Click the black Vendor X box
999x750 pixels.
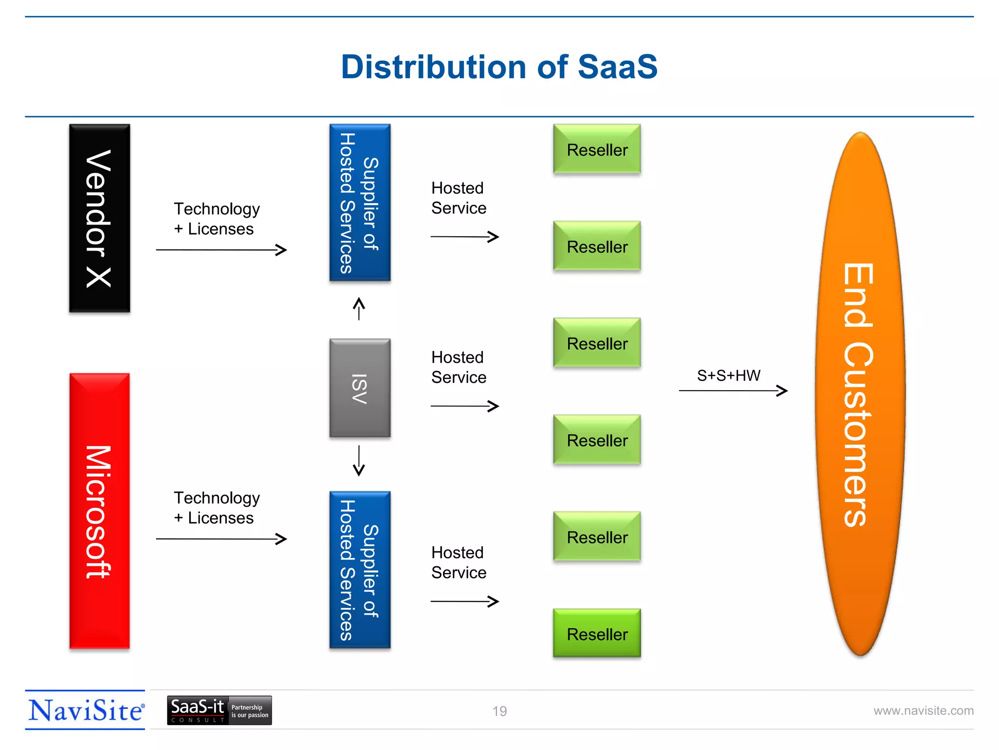click(100, 218)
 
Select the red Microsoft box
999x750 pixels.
click(100, 511)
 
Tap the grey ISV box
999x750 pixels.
click(360, 388)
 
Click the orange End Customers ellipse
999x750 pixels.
click(860, 394)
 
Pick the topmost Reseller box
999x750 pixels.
click(597, 149)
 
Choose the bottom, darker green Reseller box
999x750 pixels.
click(597, 633)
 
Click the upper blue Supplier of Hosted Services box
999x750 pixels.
click(360, 203)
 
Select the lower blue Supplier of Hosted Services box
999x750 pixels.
click(360, 570)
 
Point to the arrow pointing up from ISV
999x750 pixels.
click(359, 309)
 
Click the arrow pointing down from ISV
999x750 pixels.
click(359, 460)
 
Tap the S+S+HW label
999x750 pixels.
click(728, 375)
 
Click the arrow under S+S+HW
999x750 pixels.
click(733, 391)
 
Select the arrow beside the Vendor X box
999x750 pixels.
click(221, 250)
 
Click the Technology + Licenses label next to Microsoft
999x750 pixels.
click(217, 508)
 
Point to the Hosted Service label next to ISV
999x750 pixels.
click(459, 367)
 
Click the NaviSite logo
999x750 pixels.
click(85, 710)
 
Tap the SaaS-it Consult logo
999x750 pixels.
click(219, 710)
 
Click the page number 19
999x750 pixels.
click(499, 711)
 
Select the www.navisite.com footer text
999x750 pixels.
click(923, 710)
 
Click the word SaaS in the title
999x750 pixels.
click(618, 67)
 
